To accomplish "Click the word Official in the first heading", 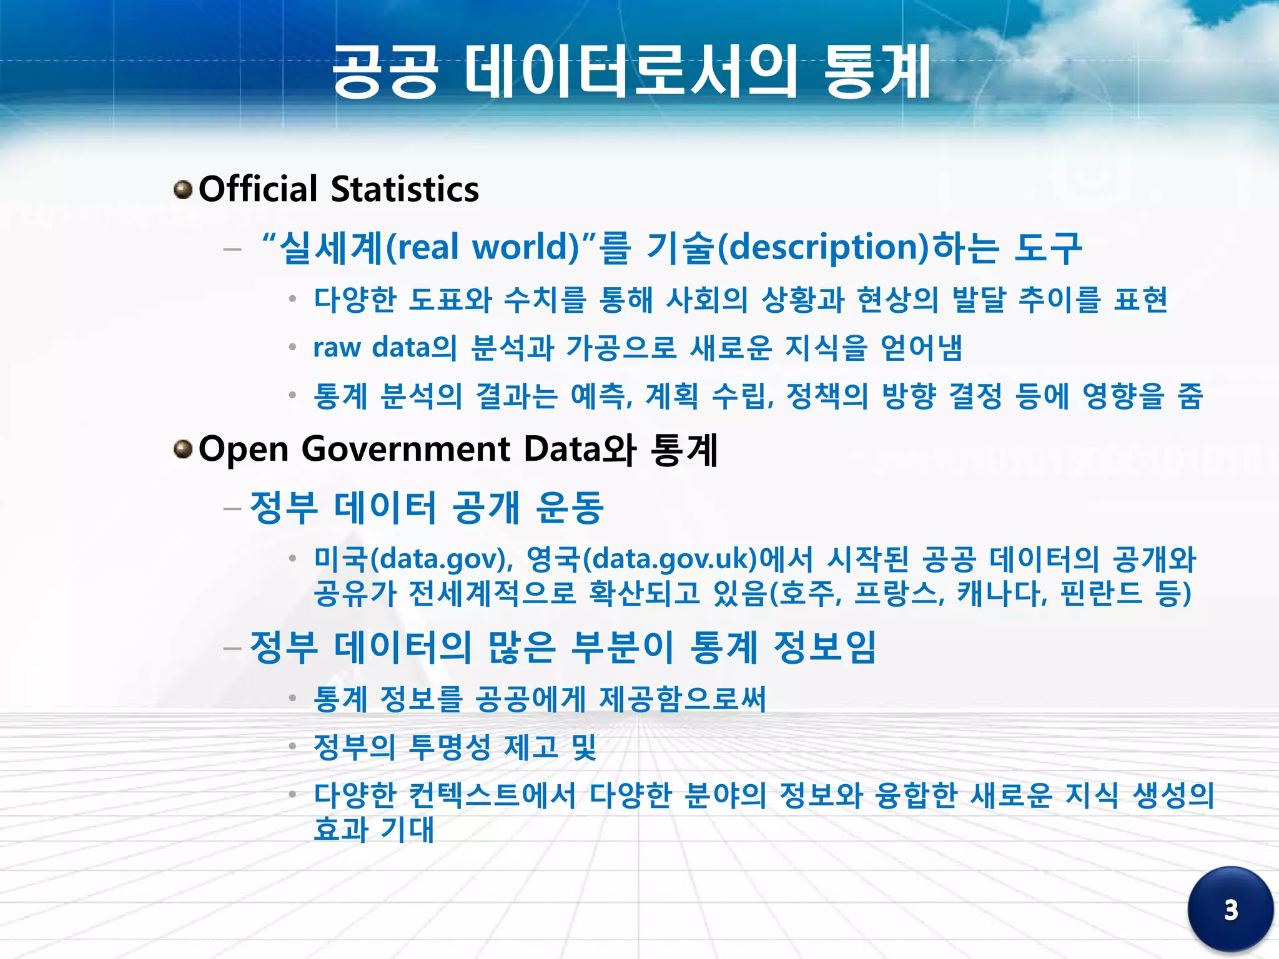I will [258, 189].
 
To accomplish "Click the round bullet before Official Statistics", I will [183, 189].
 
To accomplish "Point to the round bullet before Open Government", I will [183, 449].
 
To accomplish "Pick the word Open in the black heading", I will [243, 449].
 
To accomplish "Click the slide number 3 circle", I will [1230, 910].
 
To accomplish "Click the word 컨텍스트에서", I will [491, 795].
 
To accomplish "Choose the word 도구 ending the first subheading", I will [1047, 247].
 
